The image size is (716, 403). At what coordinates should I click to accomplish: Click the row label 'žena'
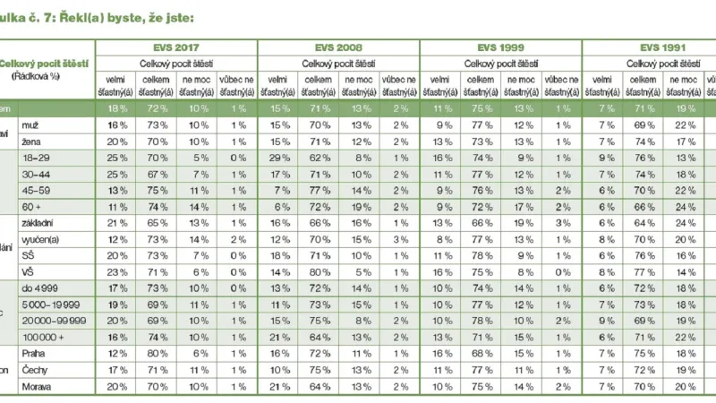pyautogui.click(x=55, y=141)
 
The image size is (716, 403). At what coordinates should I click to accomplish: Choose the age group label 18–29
pyautogui.click(x=58, y=158)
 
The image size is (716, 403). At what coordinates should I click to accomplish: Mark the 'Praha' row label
pyautogui.click(x=57, y=353)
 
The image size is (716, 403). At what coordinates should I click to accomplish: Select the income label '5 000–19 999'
pyautogui.click(x=71, y=304)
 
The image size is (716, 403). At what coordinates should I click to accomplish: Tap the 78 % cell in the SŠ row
pyautogui.click(x=481, y=254)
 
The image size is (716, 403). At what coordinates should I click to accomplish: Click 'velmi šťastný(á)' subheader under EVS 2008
pyautogui.click(x=277, y=86)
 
